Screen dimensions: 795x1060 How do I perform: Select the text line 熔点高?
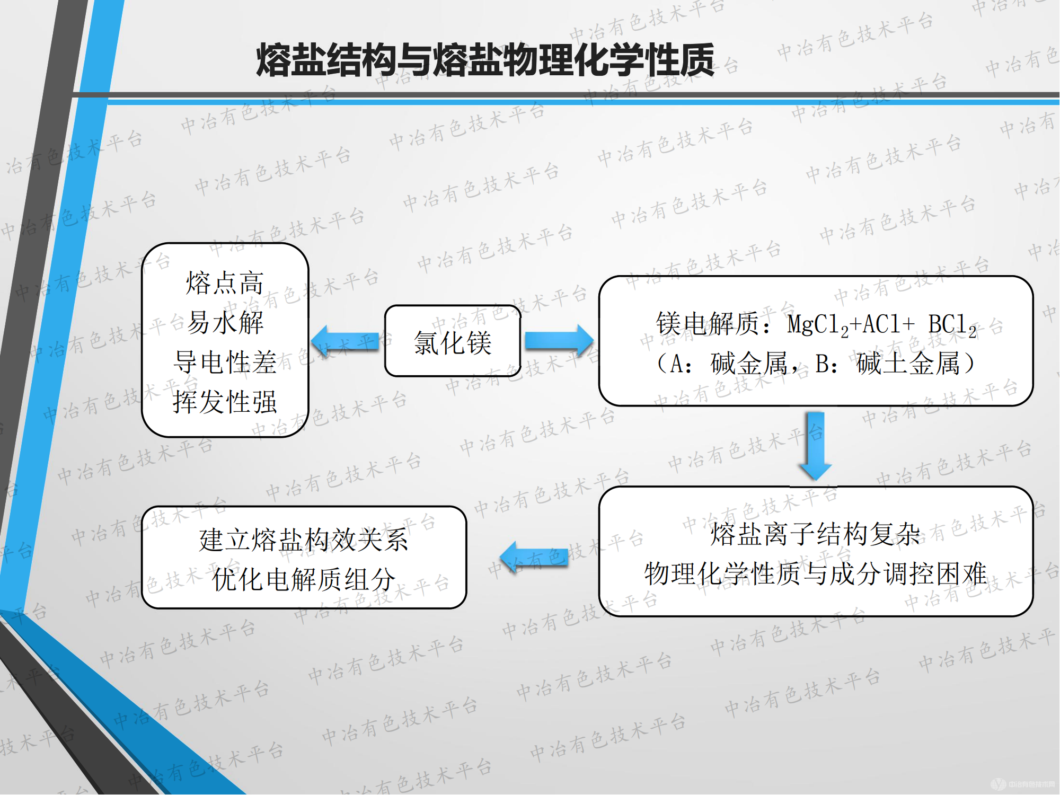coord(225,283)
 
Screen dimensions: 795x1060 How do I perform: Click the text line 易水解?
coord(225,323)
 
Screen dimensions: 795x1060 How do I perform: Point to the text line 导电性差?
coord(225,363)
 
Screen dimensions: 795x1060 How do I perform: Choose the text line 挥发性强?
coord(225,402)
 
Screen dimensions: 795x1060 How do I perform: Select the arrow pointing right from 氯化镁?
coord(559,341)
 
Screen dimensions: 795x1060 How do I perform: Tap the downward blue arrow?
coord(815,445)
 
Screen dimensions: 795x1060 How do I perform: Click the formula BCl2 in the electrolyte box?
coord(952,325)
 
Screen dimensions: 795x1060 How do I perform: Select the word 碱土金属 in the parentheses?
coord(908,364)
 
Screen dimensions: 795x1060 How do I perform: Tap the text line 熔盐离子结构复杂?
coord(815,534)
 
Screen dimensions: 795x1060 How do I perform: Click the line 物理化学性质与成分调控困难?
coord(815,573)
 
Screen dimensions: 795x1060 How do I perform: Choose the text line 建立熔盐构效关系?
coord(304,540)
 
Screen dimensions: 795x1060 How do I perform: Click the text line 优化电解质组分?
coord(304,579)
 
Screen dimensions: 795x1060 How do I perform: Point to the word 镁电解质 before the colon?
coord(708,324)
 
